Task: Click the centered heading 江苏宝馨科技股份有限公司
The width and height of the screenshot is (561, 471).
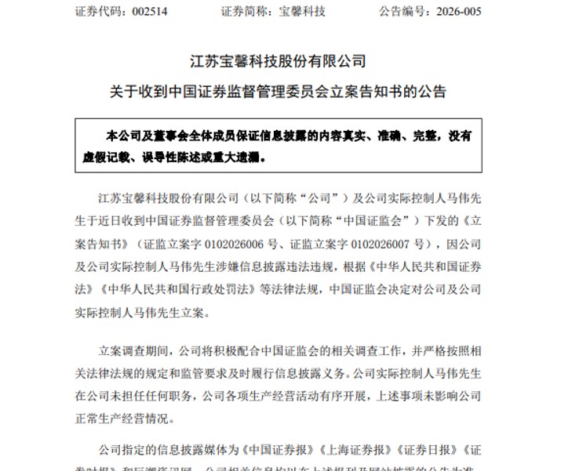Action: coord(279,60)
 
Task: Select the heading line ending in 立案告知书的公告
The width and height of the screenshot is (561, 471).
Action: coord(279,92)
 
